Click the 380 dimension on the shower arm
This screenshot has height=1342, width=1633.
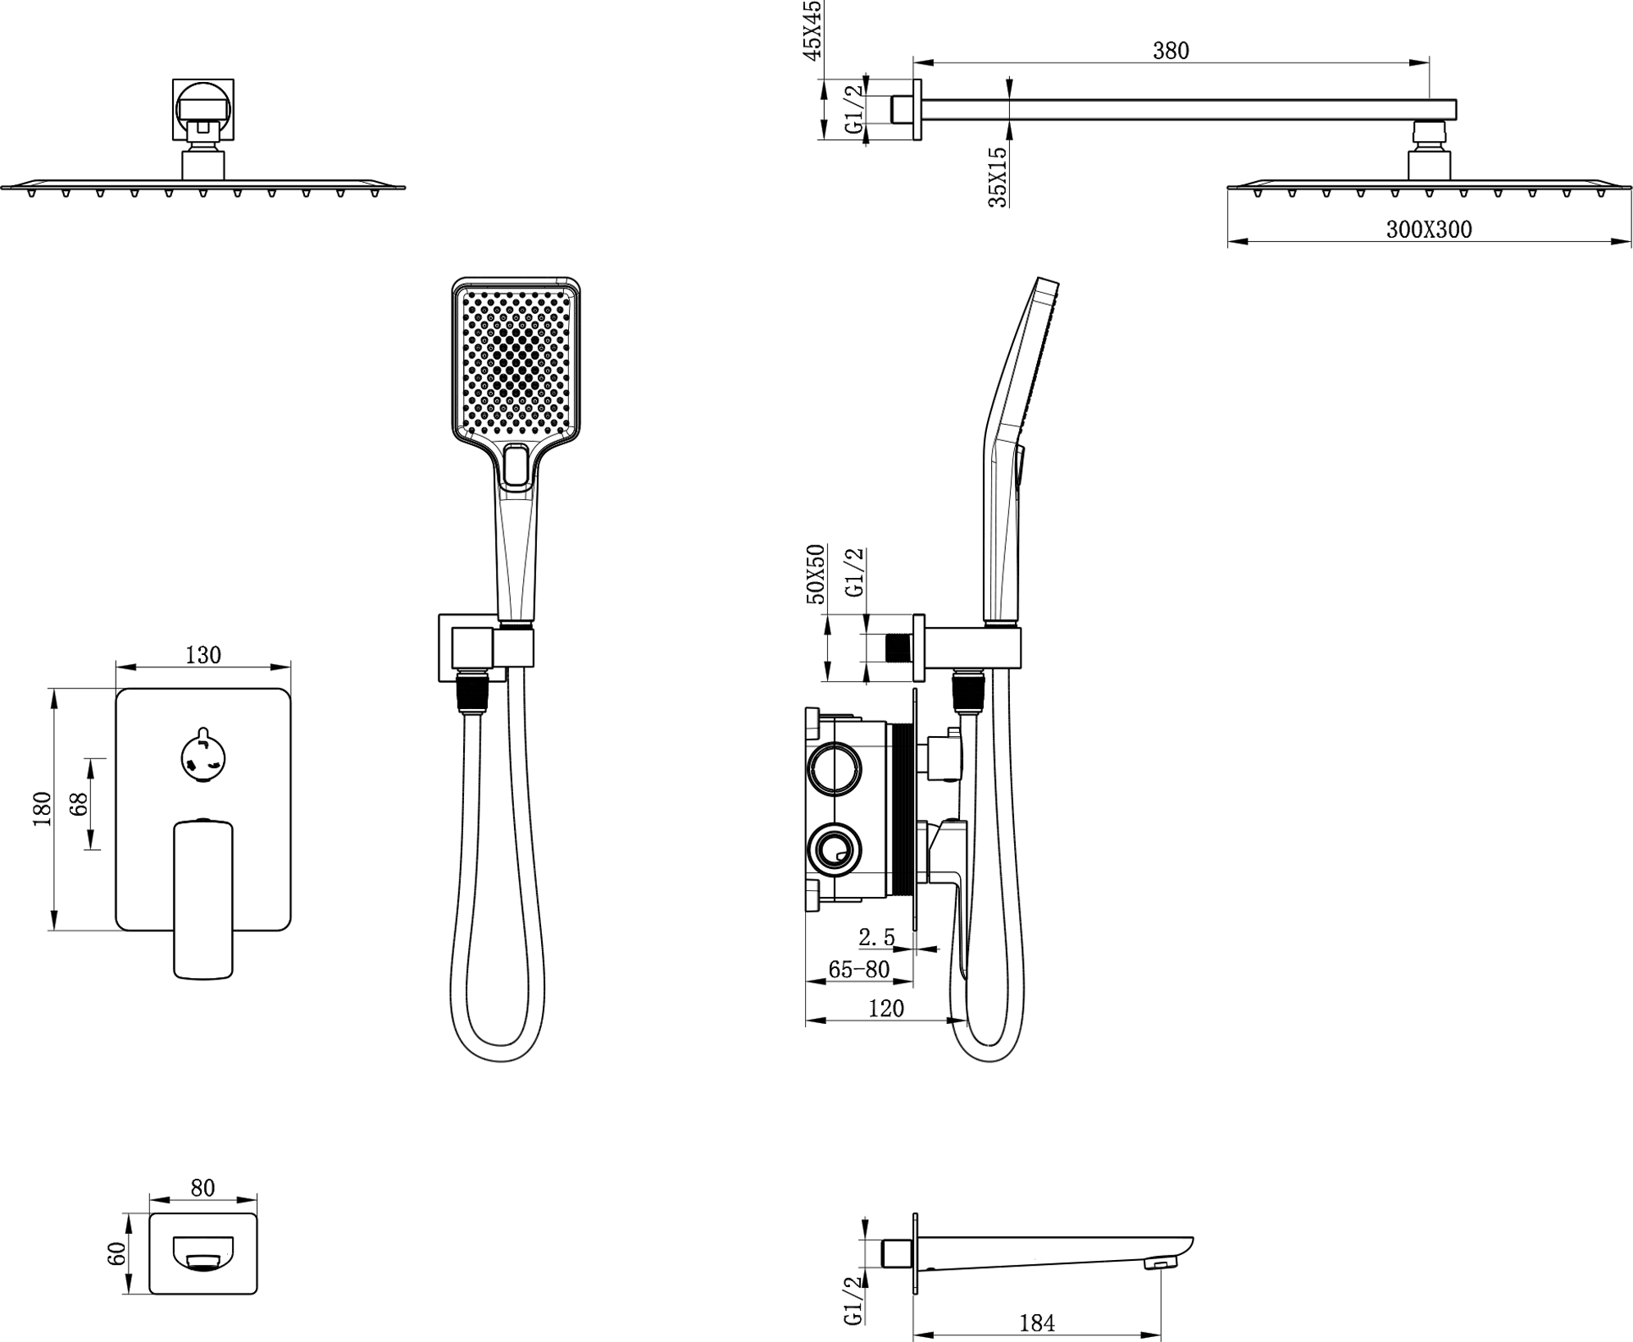pyautogui.click(x=1170, y=51)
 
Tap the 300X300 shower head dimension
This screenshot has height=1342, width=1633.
pyautogui.click(x=1429, y=230)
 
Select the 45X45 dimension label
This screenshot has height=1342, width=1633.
pyautogui.click(x=811, y=30)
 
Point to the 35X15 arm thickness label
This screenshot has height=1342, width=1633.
pyautogui.click(x=998, y=177)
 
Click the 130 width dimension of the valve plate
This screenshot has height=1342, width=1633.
pyautogui.click(x=202, y=655)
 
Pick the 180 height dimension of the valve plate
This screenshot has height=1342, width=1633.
pyautogui.click(x=42, y=809)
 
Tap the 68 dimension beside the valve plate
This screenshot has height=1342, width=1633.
pyautogui.click(x=79, y=804)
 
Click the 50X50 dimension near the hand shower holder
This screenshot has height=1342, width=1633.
pyautogui.click(x=816, y=574)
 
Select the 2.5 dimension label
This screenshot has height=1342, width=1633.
pyautogui.click(x=876, y=937)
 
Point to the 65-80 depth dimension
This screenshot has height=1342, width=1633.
pyautogui.click(x=858, y=970)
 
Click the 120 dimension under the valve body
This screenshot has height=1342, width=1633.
pyautogui.click(x=885, y=1008)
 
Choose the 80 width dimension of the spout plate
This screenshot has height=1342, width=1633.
pyautogui.click(x=202, y=1188)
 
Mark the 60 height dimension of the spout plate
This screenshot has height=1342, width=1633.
pyautogui.click(x=116, y=1254)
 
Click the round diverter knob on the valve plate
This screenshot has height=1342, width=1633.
pyautogui.click(x=203, y=756)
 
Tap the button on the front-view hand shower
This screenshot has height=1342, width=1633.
pyautogui.click(x=516, y=466)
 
